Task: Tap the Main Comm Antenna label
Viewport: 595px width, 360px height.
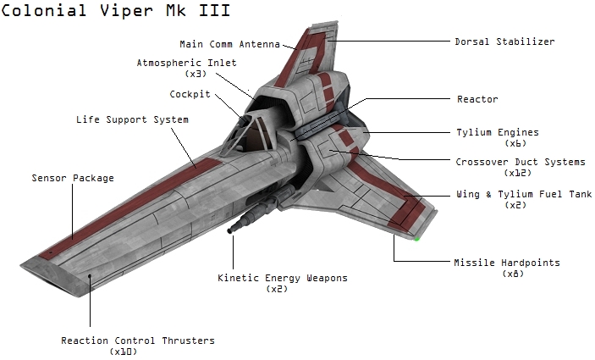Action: point(229,44)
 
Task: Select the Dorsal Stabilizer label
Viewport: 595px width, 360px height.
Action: point(504,41)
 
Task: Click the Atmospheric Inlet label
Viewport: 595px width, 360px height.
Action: point(187,63)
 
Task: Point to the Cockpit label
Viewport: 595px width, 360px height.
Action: point(190,94)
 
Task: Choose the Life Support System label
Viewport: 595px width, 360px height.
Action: point(132,119)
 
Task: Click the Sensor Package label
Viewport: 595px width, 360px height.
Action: point(73,178)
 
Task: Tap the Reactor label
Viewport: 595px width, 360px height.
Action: point(477,99)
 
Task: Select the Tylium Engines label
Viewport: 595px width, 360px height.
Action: point(497,132)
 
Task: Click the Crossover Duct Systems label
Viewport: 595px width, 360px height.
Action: point(520,162)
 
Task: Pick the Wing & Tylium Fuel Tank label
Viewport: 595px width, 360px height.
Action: point(523,194)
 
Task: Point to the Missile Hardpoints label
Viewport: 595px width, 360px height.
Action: point(506,263)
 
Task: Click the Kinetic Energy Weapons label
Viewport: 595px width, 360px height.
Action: point(283,278)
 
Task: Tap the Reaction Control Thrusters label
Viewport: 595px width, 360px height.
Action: point(138,341)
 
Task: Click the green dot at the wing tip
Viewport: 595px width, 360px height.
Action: point(416,238)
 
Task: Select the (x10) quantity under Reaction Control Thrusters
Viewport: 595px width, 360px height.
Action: point(124,352)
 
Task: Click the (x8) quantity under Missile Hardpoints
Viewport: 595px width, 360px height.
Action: point(513,274)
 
